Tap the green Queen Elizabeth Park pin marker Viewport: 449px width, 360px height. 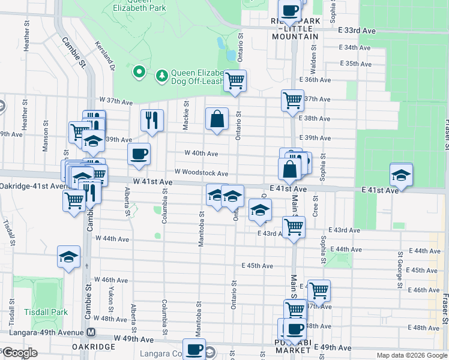tap(139, 73)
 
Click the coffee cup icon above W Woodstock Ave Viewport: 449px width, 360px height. tap(139, 154)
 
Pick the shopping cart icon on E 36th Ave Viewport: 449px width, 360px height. tap(235, 80)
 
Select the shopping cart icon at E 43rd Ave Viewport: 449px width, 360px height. tap(294, 227)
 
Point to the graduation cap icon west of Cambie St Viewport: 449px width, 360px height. tap(69, 257)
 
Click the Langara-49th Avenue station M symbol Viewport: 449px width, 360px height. tap(91, 332)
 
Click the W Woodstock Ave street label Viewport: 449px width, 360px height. tap(202, 173)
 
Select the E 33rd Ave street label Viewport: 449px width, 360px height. tap(356, 31)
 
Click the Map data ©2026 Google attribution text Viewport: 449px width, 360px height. tap(412, 355)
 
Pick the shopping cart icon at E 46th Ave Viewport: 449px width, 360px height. tap(319, 290)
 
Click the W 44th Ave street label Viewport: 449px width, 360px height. tap(112, 239)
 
